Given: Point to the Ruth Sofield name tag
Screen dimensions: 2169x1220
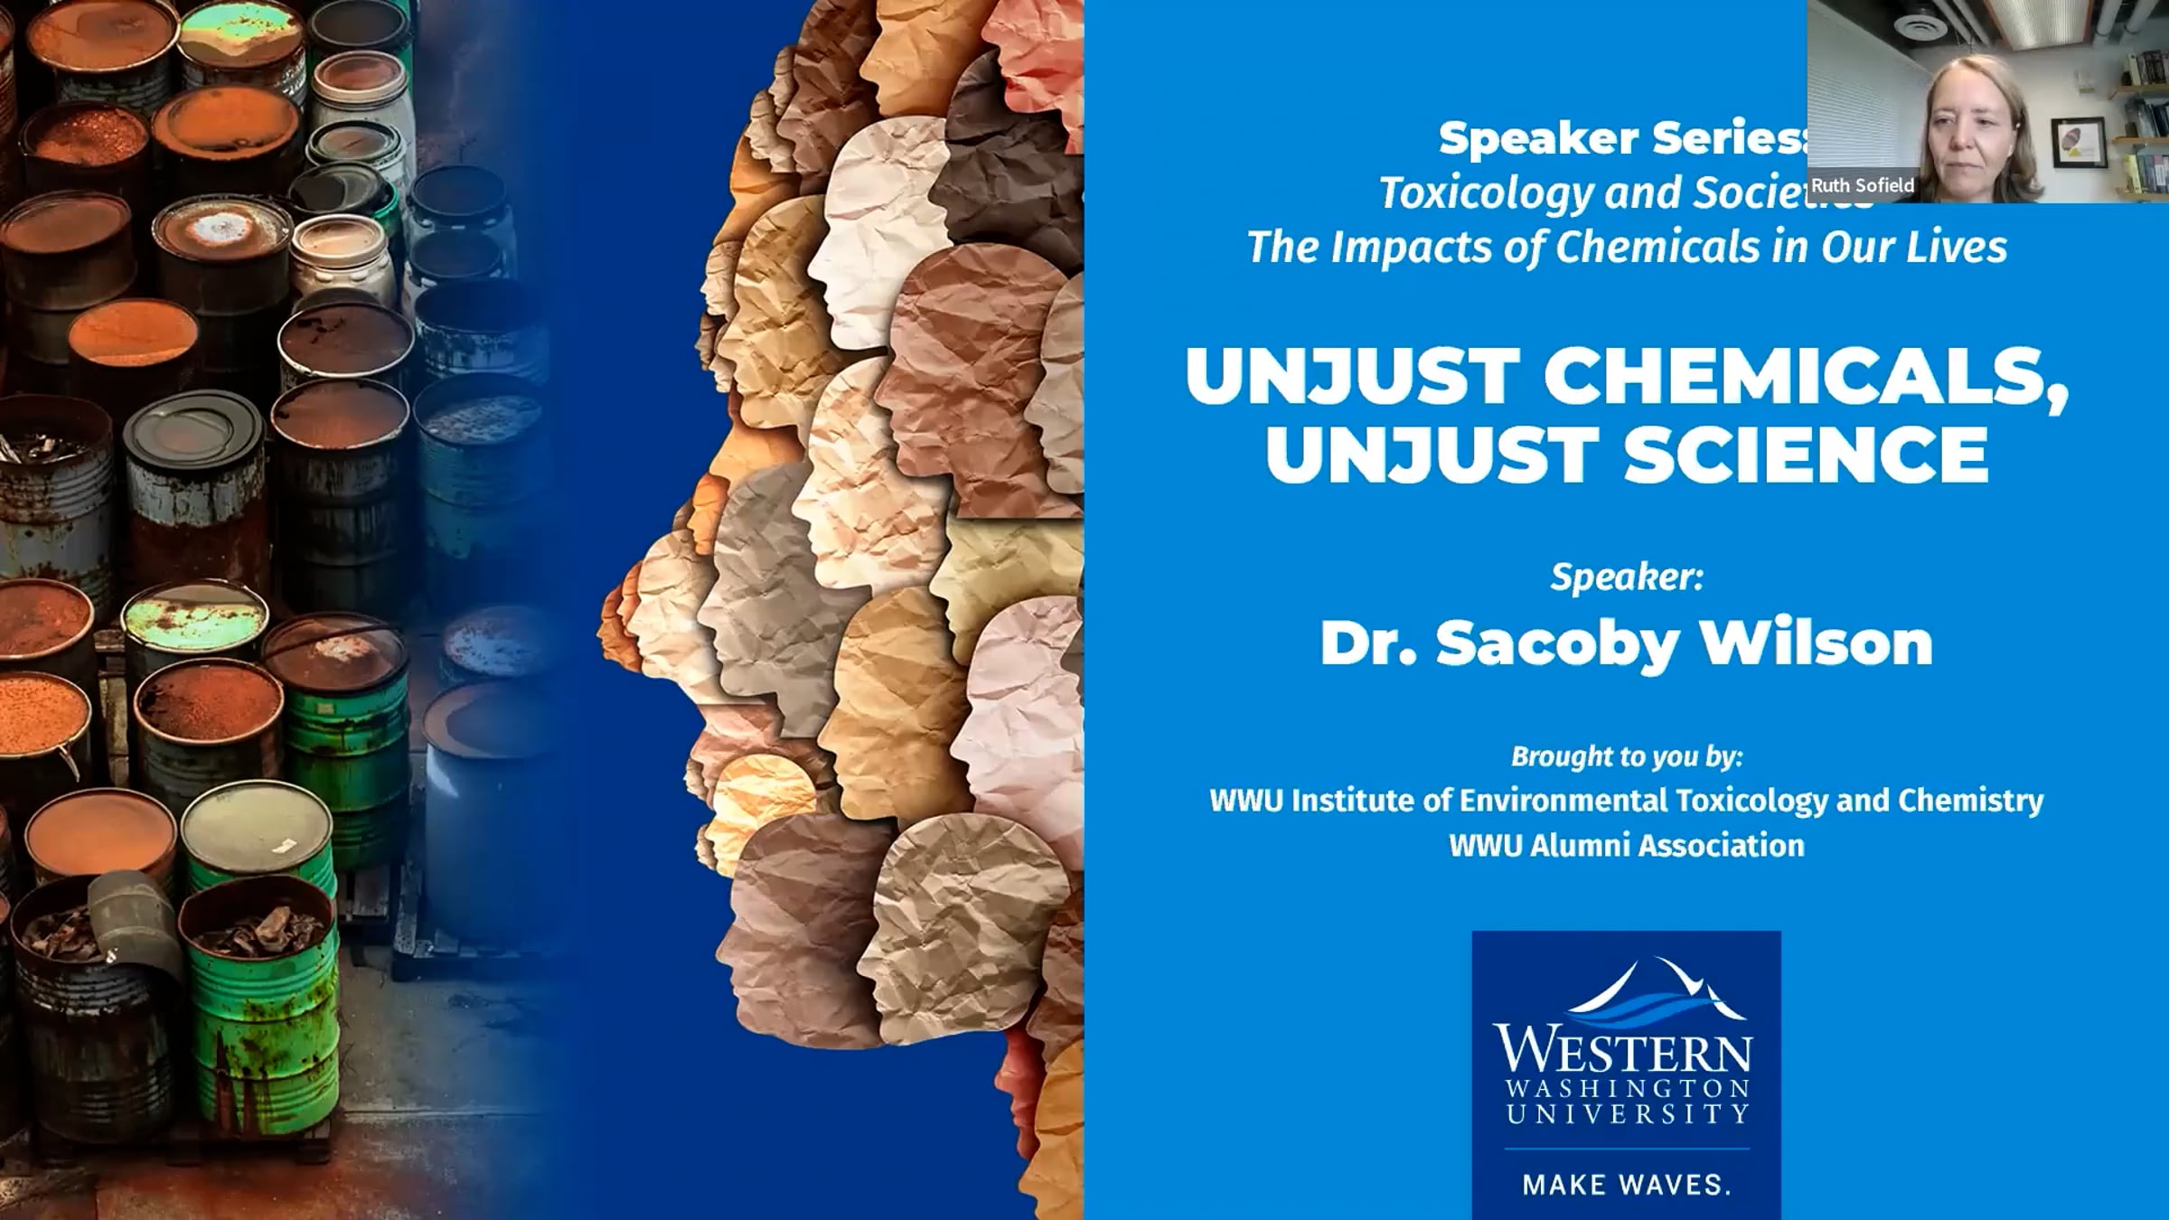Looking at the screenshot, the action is [x=1863, y=185].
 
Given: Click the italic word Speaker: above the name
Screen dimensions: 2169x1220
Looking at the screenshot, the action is [x=1627, y=577].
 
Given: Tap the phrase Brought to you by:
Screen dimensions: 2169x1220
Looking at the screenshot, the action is [x=1627, y=756].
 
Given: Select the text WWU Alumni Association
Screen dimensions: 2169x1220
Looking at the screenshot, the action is [x=1627, y=846].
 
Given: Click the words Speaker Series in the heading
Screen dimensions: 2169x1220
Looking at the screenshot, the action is [x=1623, y=138].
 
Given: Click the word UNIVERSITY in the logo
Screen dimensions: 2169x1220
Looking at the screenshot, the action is [x=1627, y=1112].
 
